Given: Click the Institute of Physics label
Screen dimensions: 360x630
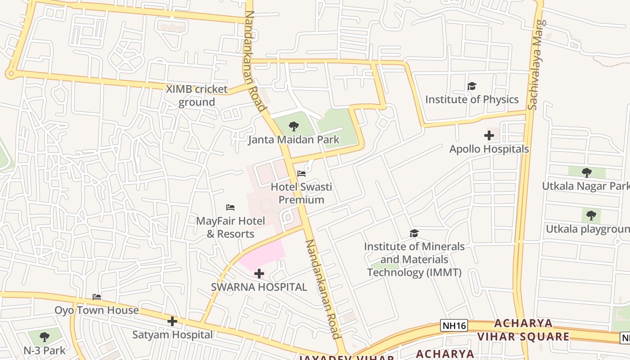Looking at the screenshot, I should coord(472,99).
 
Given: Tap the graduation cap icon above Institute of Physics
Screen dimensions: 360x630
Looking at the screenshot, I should coord(472,86).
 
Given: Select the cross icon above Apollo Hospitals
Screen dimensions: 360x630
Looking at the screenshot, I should coord(489,135).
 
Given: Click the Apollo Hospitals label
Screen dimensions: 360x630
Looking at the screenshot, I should coord(489,149).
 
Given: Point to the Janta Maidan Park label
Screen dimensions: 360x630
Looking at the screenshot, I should coord(294,139).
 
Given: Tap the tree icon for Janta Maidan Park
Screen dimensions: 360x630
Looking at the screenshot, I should coord(294,126).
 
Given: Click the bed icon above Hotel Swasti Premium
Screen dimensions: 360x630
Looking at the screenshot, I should coord(301,174).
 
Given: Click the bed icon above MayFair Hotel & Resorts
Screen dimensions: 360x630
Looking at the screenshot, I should coord(230,207).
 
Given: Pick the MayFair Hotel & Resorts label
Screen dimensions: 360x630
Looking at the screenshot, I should coord(230,227).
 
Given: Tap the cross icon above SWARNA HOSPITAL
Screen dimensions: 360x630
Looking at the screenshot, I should coord(259,274).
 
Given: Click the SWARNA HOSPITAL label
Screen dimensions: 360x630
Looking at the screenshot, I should coord(259,287).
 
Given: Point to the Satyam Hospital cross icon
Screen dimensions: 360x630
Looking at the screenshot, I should coord(172,321).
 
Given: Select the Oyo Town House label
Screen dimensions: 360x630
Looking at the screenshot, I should coord(96,310).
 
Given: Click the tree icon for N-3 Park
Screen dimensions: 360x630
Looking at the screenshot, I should coord(45,337).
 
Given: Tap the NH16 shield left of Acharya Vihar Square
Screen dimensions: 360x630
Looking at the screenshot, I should coord(454,325).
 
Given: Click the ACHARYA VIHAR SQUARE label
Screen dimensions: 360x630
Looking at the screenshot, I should coord(523,330).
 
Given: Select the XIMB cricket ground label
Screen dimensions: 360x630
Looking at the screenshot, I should coord(197,95).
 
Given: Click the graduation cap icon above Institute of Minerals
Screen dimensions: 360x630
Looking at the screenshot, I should coord(414,233).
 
